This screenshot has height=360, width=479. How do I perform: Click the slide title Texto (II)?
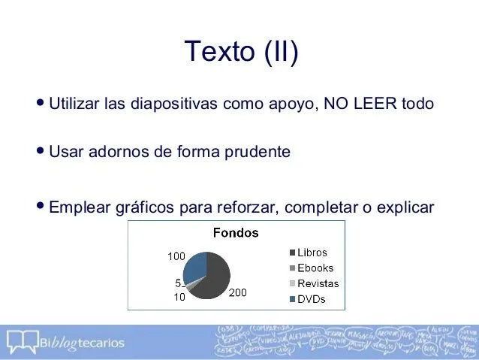pyautogui.click(x=240, y=53)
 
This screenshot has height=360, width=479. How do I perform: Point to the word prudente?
pyautogui.click(x=252, y=153)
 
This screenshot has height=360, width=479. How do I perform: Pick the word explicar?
pyautogui.click(x=405, y=207)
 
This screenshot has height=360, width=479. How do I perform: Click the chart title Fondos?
pyautogui.click(x=236, y=233)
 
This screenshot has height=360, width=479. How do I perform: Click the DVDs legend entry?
pyautogui.click(x=311, y=299)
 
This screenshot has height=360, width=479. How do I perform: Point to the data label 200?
pyautogui.click(x=237, y=292)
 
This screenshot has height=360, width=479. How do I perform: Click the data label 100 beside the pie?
pyautogui.click(x=176, y=256)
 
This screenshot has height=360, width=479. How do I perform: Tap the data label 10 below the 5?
pyautogui.click(x=179, y=296)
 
